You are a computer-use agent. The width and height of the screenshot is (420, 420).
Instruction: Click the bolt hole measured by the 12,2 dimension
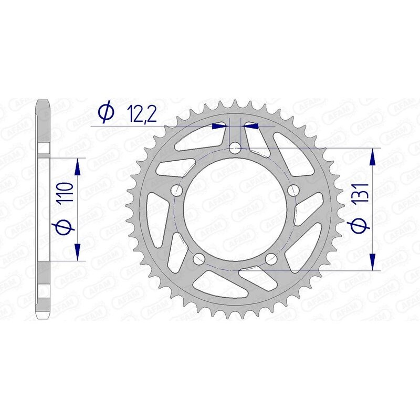pos(235,149)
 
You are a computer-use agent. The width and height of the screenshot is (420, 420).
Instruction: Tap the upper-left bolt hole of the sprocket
pos(177,190)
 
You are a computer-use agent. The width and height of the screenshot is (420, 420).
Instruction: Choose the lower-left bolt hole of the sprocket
pos(199,259)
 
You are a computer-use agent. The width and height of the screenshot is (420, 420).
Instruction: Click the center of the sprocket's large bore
pos(235,210)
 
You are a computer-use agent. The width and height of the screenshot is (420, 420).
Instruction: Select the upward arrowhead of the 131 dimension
pos(373,156)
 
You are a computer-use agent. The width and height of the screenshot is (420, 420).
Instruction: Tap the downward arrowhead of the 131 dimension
pos(373,262)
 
